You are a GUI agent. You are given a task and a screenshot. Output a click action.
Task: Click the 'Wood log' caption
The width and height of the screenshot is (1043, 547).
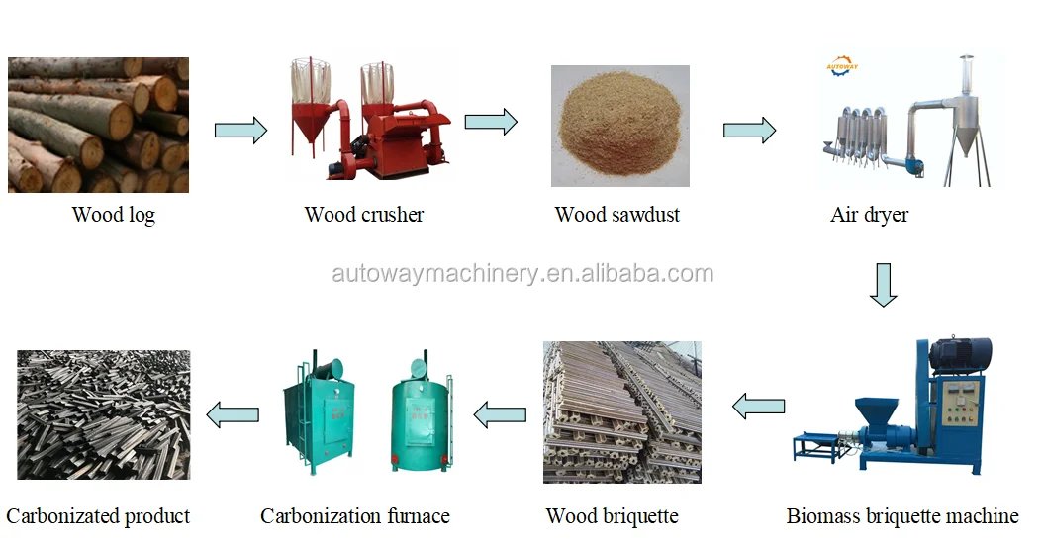coord(113,215)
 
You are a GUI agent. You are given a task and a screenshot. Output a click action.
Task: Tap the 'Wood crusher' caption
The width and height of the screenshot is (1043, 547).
coord(363,215)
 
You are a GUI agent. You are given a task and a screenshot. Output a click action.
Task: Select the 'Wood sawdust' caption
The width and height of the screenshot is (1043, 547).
coord(616,215)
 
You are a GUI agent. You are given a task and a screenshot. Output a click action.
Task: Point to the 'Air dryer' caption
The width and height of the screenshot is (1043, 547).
coord(869,215)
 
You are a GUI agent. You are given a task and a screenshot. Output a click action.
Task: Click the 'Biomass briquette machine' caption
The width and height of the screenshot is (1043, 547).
coord(901,516)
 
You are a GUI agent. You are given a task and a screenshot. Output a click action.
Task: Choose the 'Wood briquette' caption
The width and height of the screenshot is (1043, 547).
coord(612,516)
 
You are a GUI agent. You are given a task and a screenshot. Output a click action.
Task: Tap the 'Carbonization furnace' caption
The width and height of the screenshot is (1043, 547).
coord(354,516)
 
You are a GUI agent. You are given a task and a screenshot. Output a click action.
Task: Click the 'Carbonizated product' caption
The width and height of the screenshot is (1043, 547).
coord(98,516)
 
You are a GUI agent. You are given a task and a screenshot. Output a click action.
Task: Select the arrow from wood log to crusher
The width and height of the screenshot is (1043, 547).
coord(240,130)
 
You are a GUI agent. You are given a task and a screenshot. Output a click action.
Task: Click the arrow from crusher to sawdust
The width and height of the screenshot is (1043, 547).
coord(491,122)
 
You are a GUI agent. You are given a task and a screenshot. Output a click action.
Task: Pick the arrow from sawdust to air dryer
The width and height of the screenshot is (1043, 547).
coord(749,130)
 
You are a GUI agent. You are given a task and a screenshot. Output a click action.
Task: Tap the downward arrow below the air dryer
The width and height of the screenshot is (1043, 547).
coord(883,285)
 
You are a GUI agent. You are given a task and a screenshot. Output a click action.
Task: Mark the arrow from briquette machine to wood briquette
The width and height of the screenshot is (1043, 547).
coord(758,405)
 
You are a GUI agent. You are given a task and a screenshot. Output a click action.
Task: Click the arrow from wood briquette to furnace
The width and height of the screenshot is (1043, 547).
coord(501,413)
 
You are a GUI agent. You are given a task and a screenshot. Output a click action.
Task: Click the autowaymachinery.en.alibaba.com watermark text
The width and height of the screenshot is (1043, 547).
coord(522,274)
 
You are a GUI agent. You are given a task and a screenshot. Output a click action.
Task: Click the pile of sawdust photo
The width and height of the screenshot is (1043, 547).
coord(620,126)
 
